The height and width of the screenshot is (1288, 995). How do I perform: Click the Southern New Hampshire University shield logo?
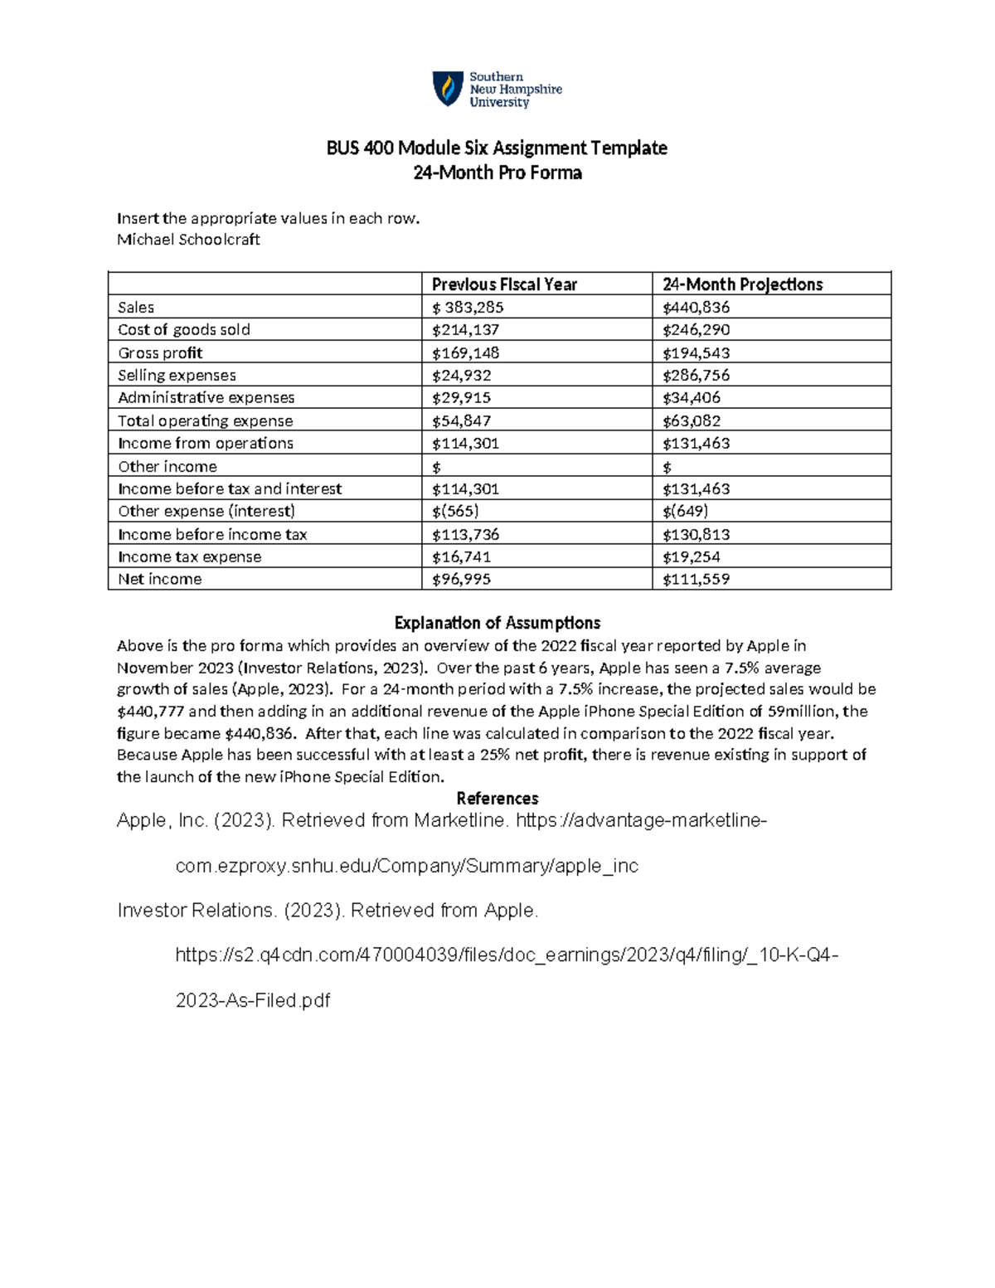[448, 89]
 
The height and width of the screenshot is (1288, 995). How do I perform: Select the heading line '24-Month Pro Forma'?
[498, 173]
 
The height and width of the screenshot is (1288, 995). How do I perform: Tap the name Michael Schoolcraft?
[188, 240]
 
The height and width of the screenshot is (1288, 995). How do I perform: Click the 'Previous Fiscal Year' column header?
[504, 284]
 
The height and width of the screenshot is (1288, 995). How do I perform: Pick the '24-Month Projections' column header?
[742, 284]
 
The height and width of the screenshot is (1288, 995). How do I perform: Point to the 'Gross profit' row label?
[160, 352]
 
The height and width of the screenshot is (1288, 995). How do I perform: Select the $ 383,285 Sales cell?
[468, 308]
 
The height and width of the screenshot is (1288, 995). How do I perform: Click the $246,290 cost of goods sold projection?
[696, 330]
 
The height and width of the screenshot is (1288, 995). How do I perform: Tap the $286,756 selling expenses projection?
[696, 376]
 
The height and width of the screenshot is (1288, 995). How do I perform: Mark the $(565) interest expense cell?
[455, 512]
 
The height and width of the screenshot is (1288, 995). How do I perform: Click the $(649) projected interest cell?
[685, 512]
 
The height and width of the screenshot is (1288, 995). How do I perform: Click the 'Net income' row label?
[160, 580]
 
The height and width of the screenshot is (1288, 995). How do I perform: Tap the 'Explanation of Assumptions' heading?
[497, 623]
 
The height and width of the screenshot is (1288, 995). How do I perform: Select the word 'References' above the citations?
[497, 799]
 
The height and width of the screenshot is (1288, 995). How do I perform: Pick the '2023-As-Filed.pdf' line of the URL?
[253, 1001]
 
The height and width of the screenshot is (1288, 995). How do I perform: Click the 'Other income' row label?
[167, 467]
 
